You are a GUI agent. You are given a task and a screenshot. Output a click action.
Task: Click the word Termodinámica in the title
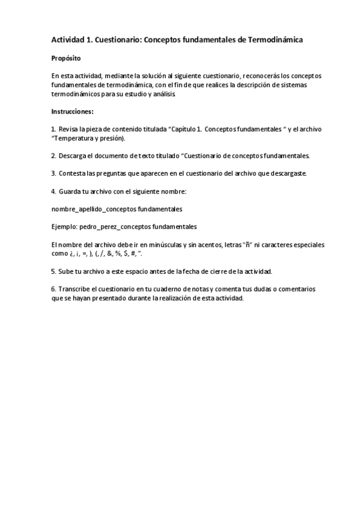click(271, 40)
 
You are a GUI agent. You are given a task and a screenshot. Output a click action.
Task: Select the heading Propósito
click(66, 59)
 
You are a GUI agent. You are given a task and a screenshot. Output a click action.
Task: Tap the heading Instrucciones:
click(72, 111)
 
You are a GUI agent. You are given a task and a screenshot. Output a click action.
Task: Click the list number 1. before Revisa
click(54, 129)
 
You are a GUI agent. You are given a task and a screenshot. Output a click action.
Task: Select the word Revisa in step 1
click(69, 129)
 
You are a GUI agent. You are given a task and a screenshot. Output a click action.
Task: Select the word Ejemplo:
click(65, 227)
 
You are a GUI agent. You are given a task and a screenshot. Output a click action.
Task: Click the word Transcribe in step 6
click(76, 289)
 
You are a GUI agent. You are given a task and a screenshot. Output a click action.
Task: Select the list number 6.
click(53, 289)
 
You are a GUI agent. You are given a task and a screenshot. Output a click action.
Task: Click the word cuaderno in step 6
click(175, 289)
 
